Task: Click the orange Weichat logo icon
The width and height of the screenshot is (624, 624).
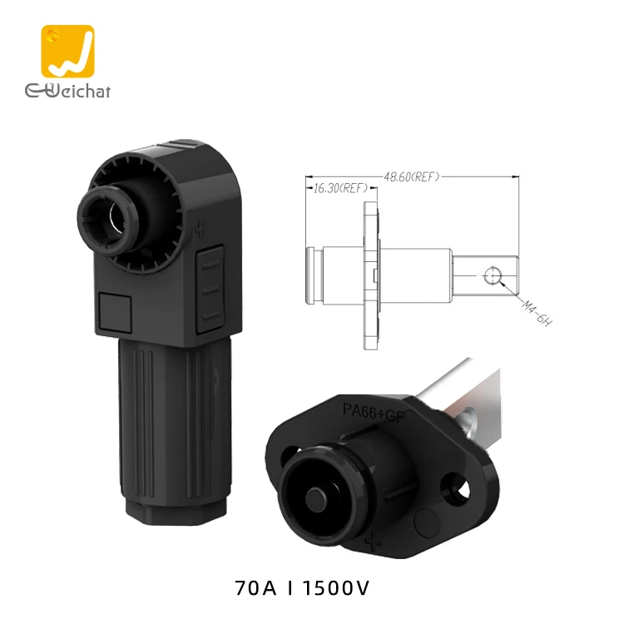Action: (x=67, y=52)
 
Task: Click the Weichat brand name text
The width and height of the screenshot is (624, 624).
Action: (x=67, y=90)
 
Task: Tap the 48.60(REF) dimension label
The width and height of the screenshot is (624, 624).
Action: (x=411, y=176)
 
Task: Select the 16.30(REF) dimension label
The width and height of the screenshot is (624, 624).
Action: (x=339, y=189)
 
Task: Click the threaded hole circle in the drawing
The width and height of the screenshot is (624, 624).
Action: (x=492, y=274)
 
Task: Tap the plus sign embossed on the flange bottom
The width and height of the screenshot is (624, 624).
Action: (x=374, y=546)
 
